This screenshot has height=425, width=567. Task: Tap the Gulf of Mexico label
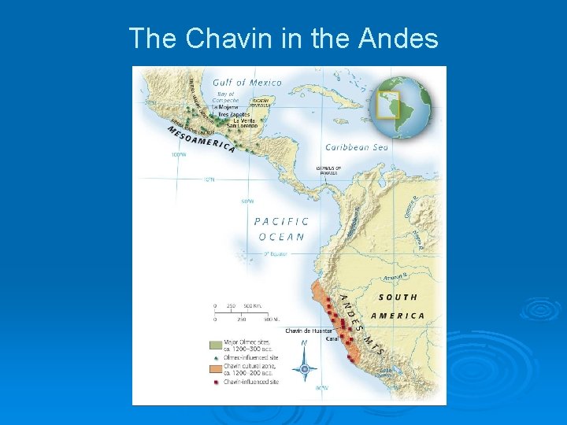tap(247, 83)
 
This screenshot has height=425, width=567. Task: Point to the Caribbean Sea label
tap(357, 147)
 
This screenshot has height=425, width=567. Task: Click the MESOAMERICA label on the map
tap(202, 139)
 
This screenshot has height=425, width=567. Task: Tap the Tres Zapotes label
tap(235, 114)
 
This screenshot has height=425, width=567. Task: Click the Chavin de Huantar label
tap(309, 331)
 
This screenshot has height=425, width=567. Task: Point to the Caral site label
tap(332, 339)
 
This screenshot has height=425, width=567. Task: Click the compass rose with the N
tap(305, 366)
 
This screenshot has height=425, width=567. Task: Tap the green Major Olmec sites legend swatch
tap(215, 345)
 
